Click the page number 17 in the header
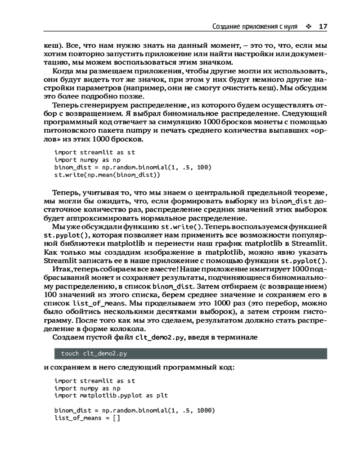323,26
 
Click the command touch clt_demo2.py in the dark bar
87,353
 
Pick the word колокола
111,328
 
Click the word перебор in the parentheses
279,302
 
